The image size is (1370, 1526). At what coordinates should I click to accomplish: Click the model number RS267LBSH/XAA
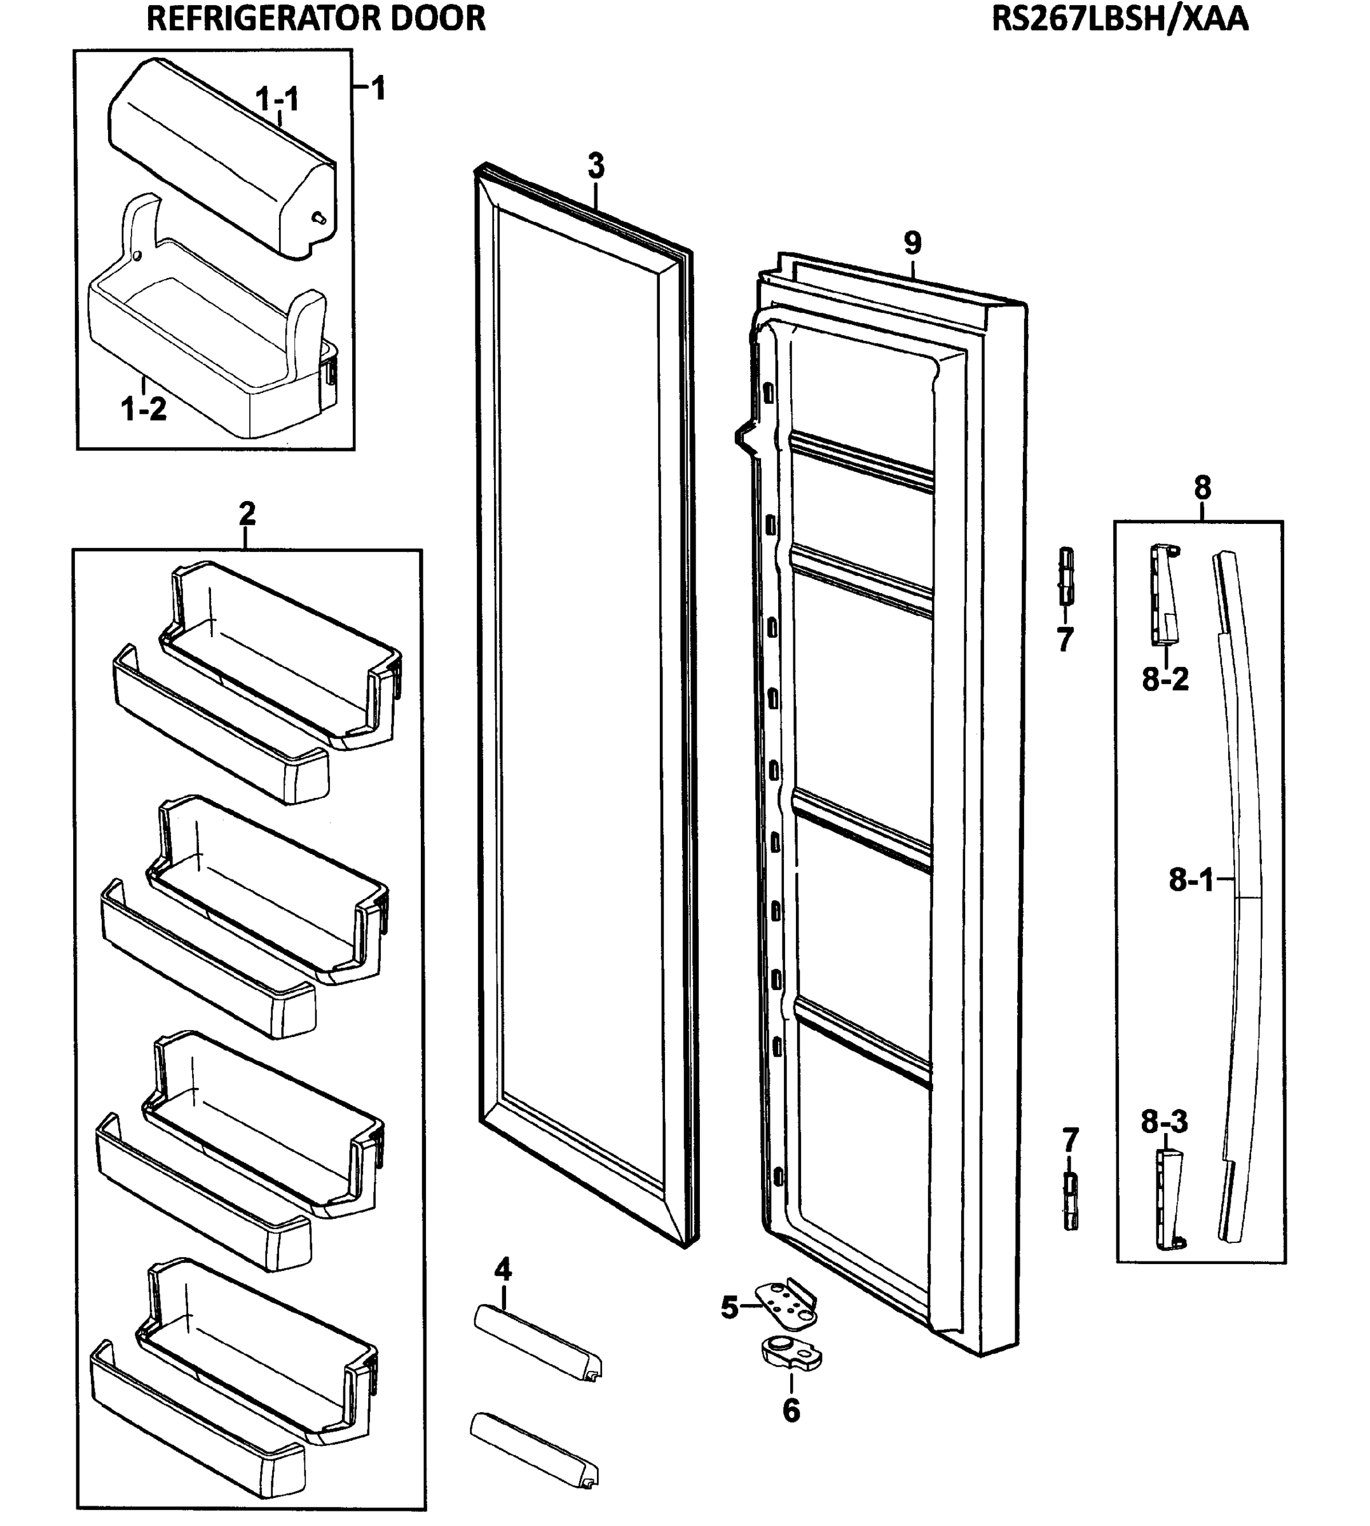[x=1120, y=19]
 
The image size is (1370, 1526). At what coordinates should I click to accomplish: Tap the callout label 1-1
[x=277, y=99]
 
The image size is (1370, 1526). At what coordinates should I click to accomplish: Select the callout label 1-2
[x=143, y=409]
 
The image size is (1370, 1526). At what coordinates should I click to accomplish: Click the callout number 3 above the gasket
[x=596, y=165]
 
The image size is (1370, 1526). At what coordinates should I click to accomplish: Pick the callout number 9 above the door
[x=912, y=243]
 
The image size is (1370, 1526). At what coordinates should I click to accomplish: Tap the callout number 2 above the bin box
[x=247, y=514]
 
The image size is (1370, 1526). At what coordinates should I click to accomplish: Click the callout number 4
[x=503, y=1271]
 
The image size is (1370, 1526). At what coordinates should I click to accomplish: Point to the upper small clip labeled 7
[x=1066, y=576]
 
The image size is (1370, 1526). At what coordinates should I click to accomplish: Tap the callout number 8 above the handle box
[x=1202, y=488]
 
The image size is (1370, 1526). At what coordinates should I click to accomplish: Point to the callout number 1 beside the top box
[x=379, y=89]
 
